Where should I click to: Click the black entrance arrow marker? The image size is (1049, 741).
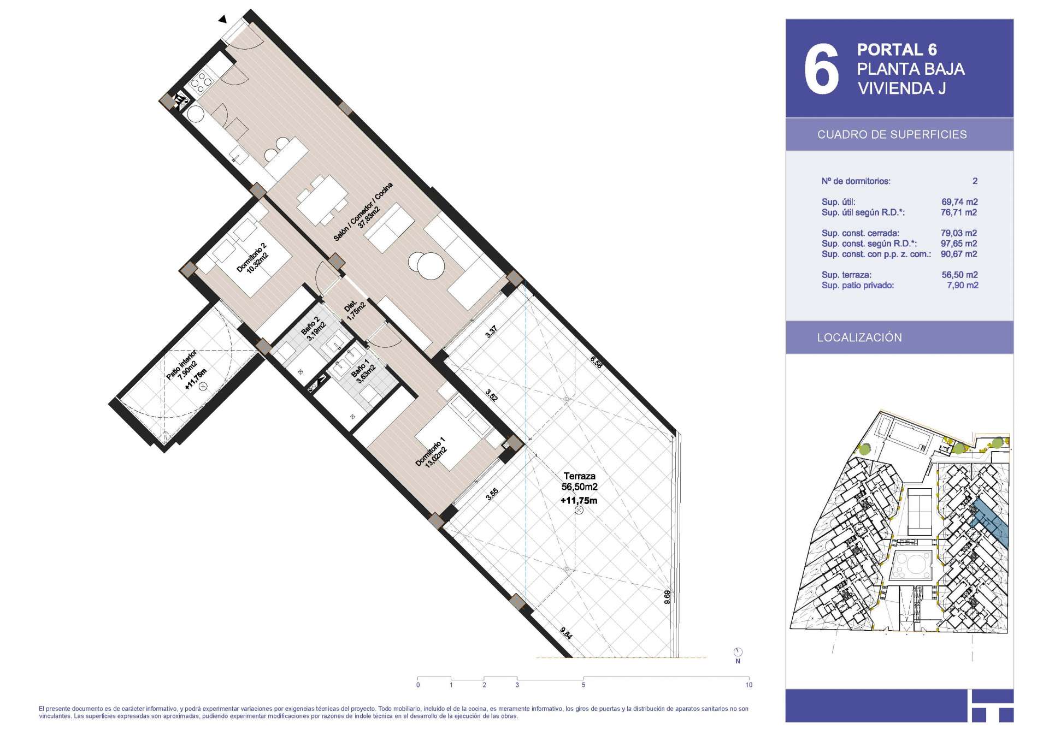222,20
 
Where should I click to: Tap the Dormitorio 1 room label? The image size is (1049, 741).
432,452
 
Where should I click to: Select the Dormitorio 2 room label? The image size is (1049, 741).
252,258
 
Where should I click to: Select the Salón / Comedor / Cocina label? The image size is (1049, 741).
363,212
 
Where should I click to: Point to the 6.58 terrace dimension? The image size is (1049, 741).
596,362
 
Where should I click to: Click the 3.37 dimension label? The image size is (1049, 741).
491,331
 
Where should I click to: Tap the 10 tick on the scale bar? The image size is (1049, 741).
749,685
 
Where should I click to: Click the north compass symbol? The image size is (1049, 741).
738,652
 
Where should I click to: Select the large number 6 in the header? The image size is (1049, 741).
821,69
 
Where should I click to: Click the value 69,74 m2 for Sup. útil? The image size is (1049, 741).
959,202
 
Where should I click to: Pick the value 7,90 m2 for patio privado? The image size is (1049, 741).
962,286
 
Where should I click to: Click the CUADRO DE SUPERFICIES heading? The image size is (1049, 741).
892,135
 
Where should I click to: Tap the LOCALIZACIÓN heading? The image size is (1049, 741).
859,337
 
